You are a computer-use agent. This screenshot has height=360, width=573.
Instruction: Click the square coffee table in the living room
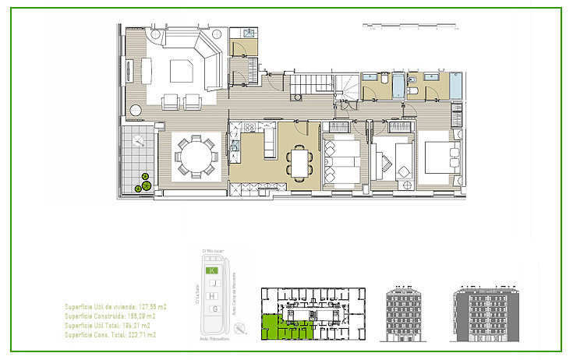point(185,72)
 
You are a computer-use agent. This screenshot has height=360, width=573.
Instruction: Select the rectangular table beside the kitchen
point(299,162)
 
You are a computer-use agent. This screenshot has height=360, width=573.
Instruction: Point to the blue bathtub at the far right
point(455,85)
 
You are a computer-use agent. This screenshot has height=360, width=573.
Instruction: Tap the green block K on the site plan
point(211,270)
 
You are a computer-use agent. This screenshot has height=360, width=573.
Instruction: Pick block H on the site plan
point(211,296)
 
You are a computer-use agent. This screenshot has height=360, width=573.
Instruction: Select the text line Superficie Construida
point(109,317)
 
